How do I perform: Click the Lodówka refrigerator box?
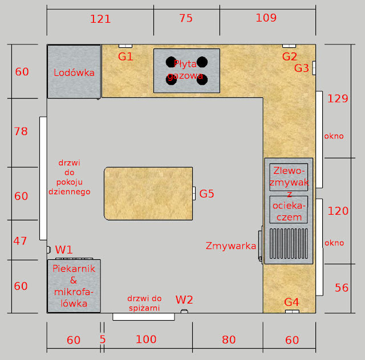(74, 72)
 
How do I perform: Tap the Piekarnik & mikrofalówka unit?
(74, 286)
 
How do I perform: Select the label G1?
(125, 56)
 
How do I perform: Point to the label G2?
(290, 56)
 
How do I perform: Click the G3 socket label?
(302, 68)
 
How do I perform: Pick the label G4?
(291, 302)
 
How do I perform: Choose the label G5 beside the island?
(206, 194)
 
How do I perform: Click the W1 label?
(64, 249)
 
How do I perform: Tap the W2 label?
(184, 300)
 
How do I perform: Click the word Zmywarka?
(231, 246)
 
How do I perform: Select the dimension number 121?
(100, 19)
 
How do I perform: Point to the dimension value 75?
(186, 18)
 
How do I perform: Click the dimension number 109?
(266, 18)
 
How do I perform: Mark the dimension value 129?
(338, 99)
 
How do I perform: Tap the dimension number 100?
(146, 339)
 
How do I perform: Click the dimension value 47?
(21, 241)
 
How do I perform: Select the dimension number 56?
(342, 288)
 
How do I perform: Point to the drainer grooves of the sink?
(289, 244)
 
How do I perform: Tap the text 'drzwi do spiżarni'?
(144, 303)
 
